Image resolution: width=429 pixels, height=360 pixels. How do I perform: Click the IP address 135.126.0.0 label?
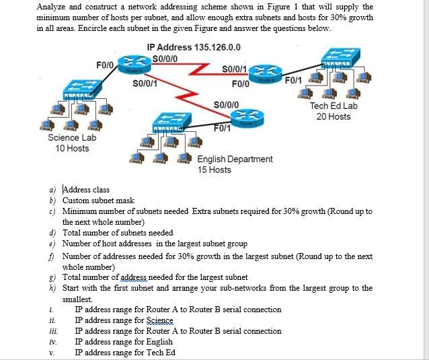tap(194, 48)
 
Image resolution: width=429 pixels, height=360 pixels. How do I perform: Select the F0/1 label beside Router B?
tap(295, 81)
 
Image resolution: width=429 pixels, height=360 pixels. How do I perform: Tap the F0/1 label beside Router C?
tap(223, 129)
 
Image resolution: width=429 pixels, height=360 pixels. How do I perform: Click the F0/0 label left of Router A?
tap(106, 65)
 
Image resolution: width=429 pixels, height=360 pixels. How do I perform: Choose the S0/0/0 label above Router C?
tap(225, 104)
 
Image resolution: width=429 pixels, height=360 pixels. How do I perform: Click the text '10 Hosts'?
tap(72, 148)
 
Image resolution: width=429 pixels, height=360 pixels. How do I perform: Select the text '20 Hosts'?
tap(333, 116)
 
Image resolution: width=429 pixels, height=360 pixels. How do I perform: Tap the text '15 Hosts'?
tap(214, 170)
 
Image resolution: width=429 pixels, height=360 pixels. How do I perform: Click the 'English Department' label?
tap(235, 159)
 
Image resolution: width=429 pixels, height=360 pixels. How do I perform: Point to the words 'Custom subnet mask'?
tap(98, 201)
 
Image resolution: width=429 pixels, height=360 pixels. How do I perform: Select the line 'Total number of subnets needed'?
tap(118, 232)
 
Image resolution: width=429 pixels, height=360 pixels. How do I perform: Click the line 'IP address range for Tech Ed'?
tap(125, 352)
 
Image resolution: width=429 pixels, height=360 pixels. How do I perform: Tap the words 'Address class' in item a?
tap(86, 190)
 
